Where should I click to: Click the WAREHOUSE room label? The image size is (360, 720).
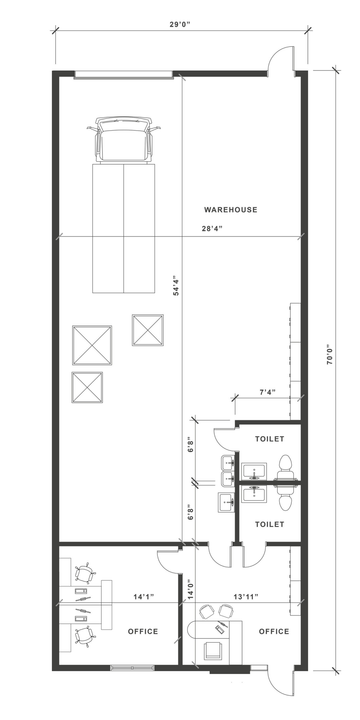click(x=231, y=210)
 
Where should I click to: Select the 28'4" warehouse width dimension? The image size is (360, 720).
click(x=210, y=229)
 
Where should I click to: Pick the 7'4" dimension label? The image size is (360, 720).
click(x=267, y=392)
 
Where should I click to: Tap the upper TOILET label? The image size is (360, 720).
click(x=270, y=439)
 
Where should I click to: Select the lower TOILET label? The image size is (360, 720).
click(x=270, y=524)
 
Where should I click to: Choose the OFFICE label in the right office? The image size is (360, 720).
click(x=274, y=631)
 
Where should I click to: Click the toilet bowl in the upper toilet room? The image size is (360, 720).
click(x=287, y=463)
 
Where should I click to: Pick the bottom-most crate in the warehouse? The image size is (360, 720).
click(x=88, y=386)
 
